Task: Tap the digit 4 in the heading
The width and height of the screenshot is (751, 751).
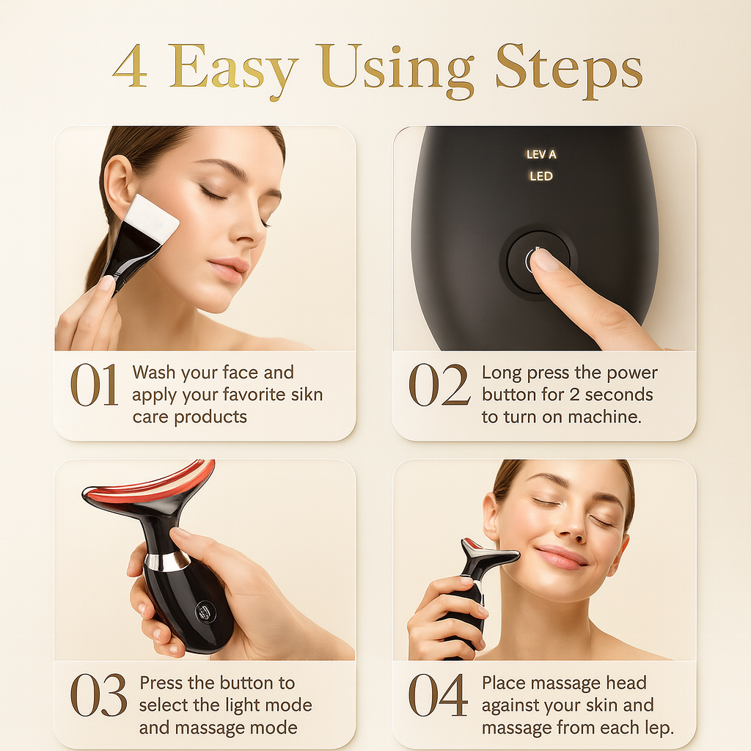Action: pos(130,66)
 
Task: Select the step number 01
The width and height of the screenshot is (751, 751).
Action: pos(95,384)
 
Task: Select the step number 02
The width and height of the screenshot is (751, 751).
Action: pos(439,384)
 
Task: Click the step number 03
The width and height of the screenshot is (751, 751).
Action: pos(99,695)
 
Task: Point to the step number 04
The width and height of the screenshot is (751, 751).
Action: pos(438,695)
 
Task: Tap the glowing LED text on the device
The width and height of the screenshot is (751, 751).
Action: pos(541,176)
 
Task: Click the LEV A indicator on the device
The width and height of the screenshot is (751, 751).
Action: pos(541,154)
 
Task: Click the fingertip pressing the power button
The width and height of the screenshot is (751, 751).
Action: pos(545,261)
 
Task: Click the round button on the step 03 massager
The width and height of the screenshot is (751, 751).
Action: pos(205,612)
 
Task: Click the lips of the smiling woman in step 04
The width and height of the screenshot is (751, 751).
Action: pos(560,557)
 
